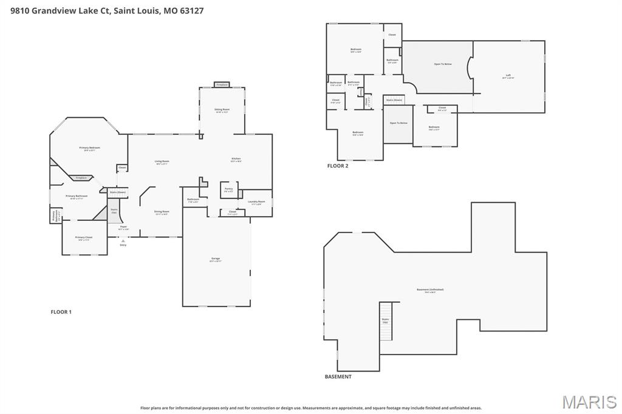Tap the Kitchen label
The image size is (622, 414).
click(x=236, y=160)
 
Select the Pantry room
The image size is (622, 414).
click(x=228, y=189)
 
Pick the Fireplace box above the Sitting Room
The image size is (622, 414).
click(x=222, y=84)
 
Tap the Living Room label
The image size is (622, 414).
click(x=162, y=162)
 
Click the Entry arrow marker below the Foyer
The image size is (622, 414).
click(x=123, y=241)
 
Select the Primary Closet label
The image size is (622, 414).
click(x=84, y=238)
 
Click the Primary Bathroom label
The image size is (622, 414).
click(x=77, y=197)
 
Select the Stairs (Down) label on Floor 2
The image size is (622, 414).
click(x=394, y=100)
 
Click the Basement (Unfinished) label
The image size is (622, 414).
click(x=430, y=290)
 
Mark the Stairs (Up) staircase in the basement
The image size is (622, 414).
click(x=386, y=321)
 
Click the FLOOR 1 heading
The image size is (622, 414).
click(x=61, y=312)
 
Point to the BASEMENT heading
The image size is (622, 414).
click(x=338, y=376)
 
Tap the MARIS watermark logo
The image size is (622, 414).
click(x=589, y=402)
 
